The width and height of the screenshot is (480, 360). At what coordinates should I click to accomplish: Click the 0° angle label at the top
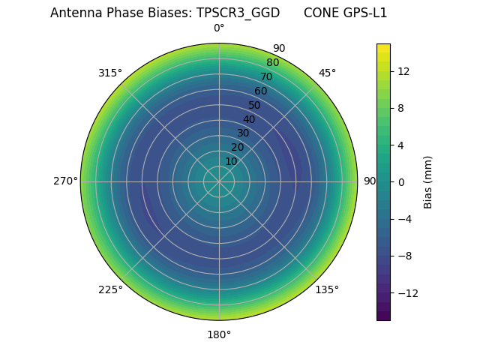[x=219, y=28]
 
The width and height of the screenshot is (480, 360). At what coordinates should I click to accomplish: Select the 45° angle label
[x=327, y=73]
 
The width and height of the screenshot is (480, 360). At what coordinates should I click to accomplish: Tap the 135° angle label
[x=327, y=290]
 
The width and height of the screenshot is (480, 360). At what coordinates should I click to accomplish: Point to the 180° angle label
[x=219, y=334]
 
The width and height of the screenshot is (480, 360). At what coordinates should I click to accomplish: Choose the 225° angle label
[x=110, y=290]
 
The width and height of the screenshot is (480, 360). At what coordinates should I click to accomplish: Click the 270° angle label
[x=65, y=181]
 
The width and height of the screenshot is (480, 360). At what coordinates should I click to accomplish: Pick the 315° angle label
[x=110, y=73]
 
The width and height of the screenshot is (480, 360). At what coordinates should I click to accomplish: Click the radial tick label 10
[x=231, y=161]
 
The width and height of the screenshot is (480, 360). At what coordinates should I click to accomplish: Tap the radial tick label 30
[x=243, y=133]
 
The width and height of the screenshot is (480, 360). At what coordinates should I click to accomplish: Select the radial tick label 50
[x=255, y=105]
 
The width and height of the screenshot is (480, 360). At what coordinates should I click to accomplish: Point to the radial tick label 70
[x=266, y=76]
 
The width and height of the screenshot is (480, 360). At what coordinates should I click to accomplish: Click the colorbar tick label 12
[x=403, y=71]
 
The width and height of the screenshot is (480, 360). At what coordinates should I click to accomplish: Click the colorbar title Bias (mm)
[x=428, y=182]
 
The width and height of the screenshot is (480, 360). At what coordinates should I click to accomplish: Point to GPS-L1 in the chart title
[x=364, y=13]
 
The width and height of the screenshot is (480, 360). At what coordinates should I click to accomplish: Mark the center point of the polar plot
[x=219, y=181]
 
